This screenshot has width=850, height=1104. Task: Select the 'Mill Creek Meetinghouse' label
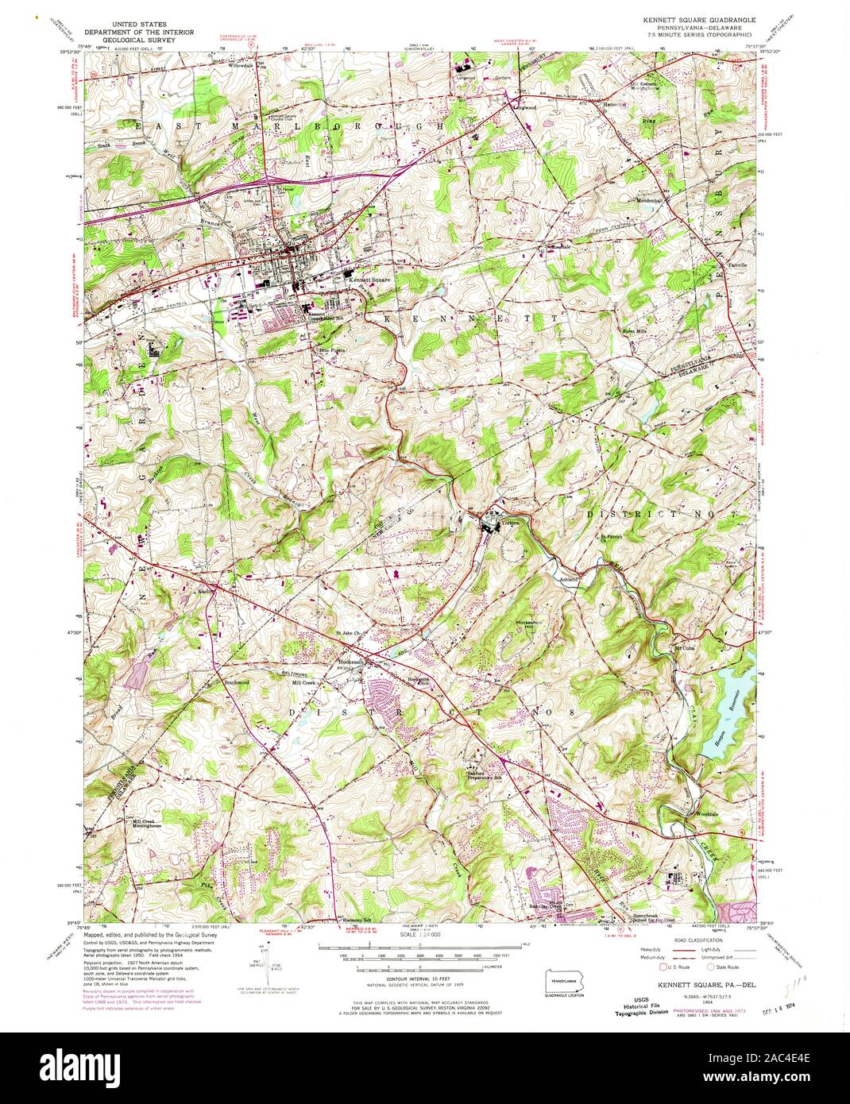(x=146, y=824)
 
